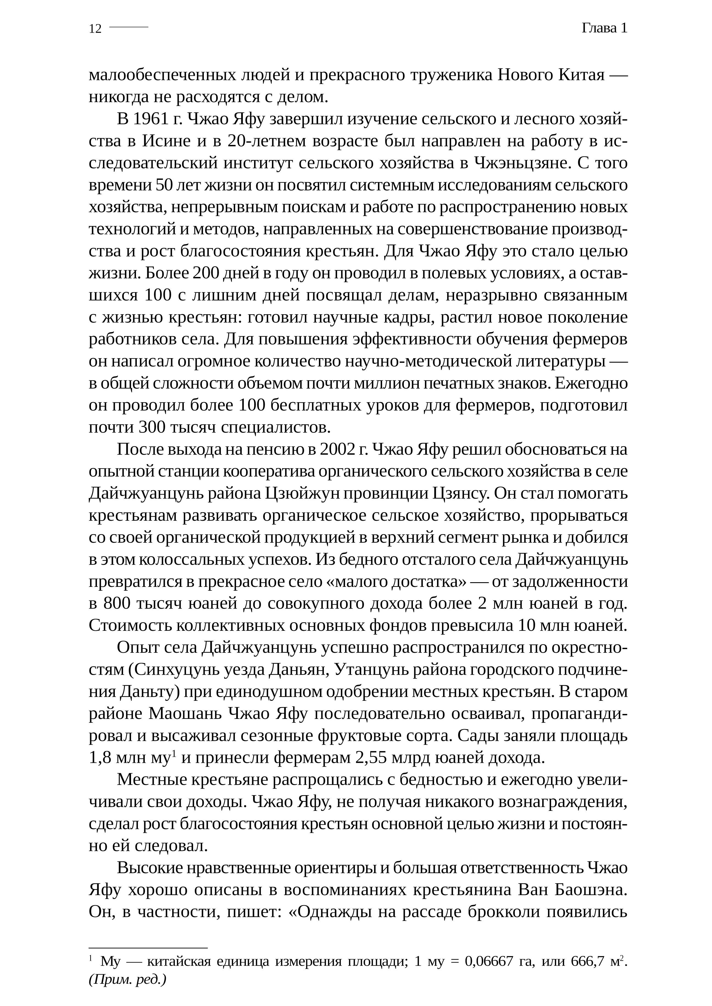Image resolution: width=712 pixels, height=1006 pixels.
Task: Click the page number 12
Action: point(95,29)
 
